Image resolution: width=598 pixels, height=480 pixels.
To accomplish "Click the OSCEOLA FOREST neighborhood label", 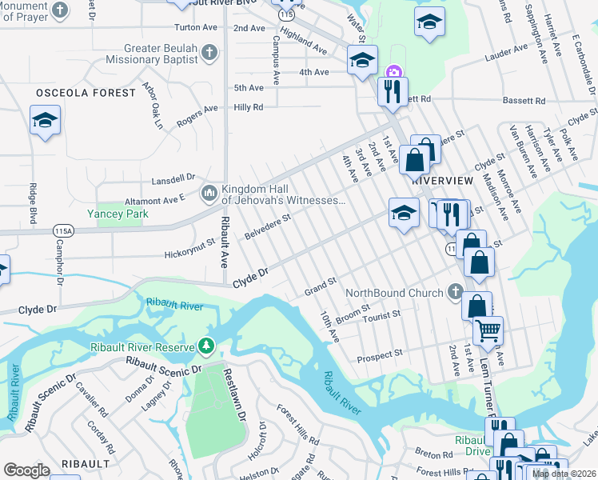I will pyautogui.click(x=86, y=93).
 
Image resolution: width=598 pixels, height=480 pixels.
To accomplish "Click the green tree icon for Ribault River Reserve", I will pyautogui.click(x=207, y=346).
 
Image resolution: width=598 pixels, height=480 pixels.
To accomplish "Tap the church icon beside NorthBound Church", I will pyautogui.click(x=456, y=292).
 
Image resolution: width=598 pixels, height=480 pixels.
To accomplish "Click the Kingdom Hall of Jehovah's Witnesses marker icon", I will pyautogui.click(x=209, y=193).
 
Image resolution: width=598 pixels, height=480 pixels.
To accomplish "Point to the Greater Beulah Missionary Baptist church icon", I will pyautogui.click(x=209, y=54).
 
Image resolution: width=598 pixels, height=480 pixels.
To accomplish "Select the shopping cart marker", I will pyautogui.click(x=488, y=328).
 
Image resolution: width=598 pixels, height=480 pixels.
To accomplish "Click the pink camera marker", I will pyautogui.click(x=393, y=73).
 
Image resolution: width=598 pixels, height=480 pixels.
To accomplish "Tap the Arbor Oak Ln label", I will pyautogui.click(x=151, y=105).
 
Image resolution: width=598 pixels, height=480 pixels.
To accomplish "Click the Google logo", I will pyautogui.click(x=26, y=470).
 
